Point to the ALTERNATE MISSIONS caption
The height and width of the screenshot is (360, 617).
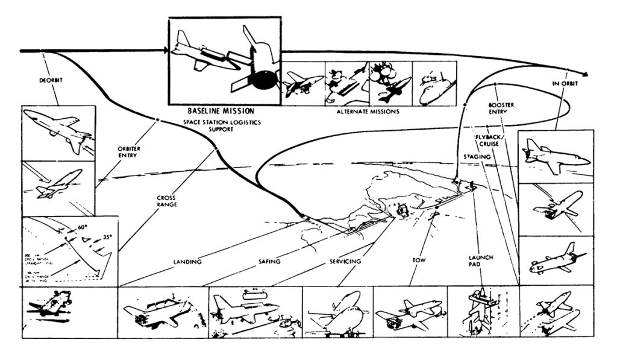pyautogui.click(x=367, y=112)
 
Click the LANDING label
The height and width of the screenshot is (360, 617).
pyautogui.click(x=188, y=263)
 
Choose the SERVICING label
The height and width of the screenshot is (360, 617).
pyautogui.click(x=346, y=262)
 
